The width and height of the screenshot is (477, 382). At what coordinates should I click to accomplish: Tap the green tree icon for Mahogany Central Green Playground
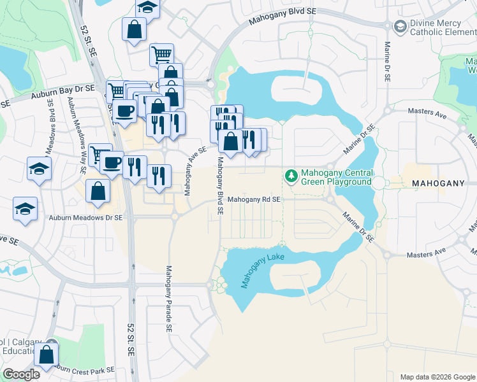[x=291, y=174]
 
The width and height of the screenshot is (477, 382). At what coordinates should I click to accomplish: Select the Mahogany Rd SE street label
[x=254, y=200]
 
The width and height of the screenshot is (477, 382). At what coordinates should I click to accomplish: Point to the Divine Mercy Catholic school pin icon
[x=400, y=27]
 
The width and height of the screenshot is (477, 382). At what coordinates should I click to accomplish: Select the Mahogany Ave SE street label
[x=195, y=171]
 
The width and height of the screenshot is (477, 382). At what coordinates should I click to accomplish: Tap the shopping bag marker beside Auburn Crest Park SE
[x=47, y=355]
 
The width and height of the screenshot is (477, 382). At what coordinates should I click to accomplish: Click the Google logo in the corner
[x=20, y=374]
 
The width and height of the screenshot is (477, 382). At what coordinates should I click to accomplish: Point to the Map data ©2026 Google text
[x=437, y=377]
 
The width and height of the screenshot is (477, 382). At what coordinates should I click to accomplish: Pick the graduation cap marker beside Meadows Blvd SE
[x=38, y=169]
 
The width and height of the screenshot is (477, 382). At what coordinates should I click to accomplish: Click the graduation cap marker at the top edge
[x=147, y=6]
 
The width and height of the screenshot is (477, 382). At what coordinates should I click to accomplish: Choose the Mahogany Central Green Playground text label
[x=337, y=177]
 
